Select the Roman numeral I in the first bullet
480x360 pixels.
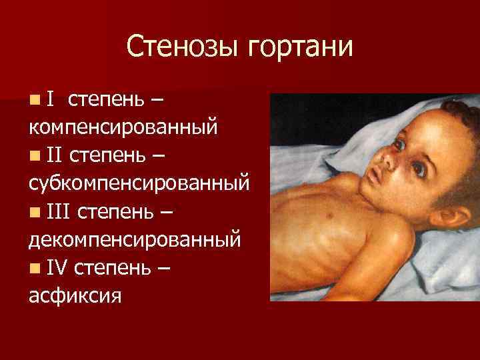51,100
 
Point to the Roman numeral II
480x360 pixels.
55,157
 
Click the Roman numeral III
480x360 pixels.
59,213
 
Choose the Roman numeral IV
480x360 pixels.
58,269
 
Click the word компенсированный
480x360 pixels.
123,127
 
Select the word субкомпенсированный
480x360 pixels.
139,183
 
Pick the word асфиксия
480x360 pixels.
75,295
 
